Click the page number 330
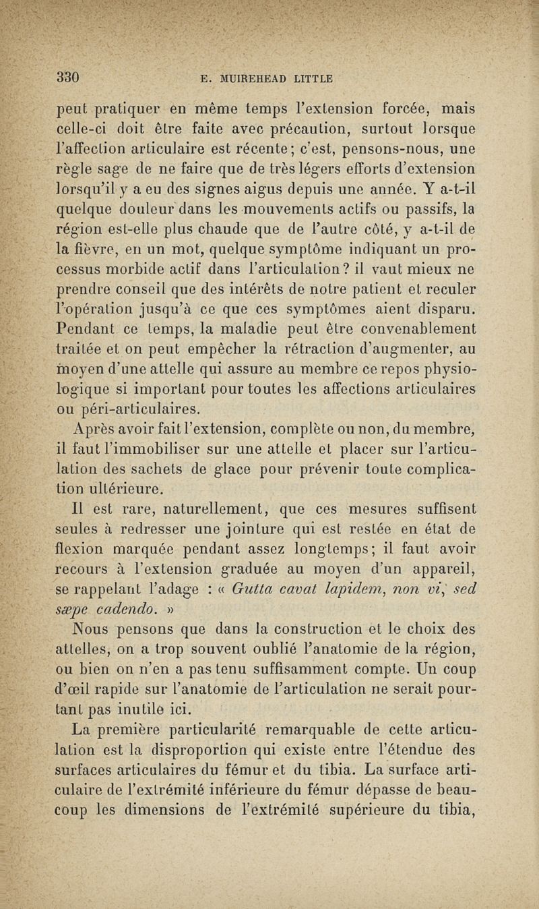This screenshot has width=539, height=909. pyautogui.click(x=69, y=76)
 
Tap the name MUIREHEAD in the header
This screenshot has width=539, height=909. pyautogui.click(x=257, y=78)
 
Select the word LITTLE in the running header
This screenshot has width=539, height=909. pyautogui.click(x=312, y=78)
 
